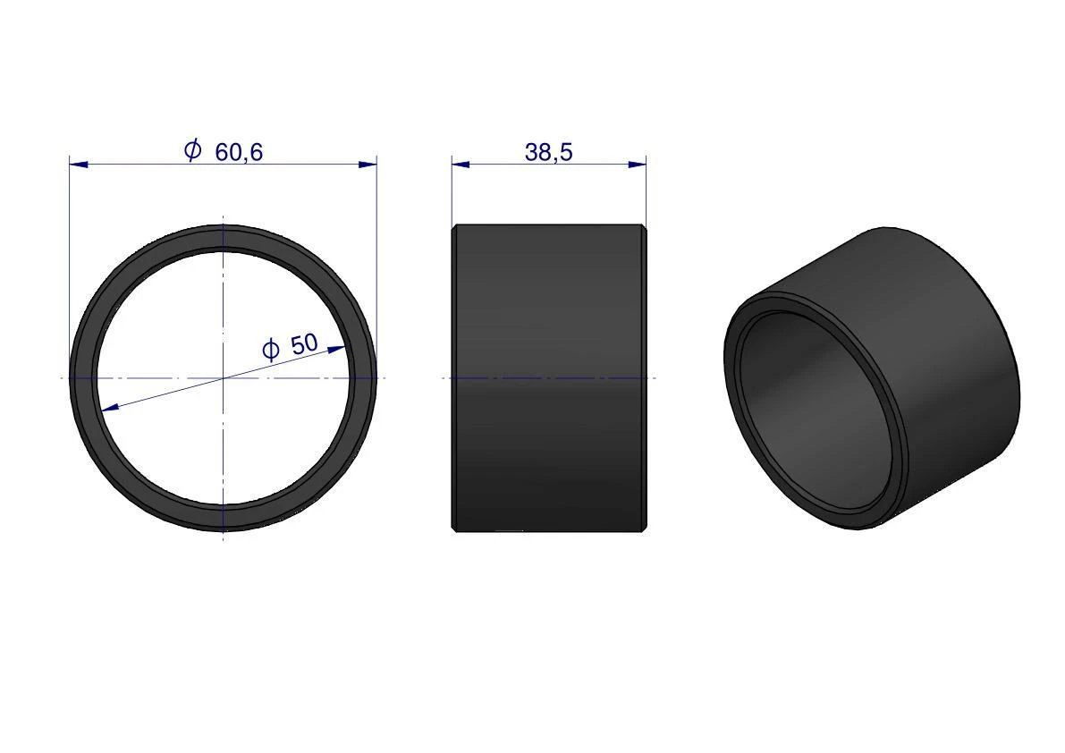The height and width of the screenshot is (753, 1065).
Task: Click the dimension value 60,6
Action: [x=239, y=153]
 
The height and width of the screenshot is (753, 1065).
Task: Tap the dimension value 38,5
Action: [x=549, y=153]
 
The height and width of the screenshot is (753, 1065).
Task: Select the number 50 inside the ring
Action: [x=304, y=344]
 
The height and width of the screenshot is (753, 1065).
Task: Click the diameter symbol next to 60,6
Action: [x=193, y=150]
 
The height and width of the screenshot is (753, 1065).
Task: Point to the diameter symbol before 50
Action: [x=270, y=350]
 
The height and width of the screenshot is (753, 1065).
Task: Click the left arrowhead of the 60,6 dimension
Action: [x=78, y=164]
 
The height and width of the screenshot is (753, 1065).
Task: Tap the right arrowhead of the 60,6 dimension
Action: [x=368, y=164]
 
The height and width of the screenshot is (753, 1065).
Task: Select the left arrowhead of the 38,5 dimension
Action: [x=461, y=164]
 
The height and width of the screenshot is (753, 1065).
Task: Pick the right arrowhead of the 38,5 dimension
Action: [x=637, y=164]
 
